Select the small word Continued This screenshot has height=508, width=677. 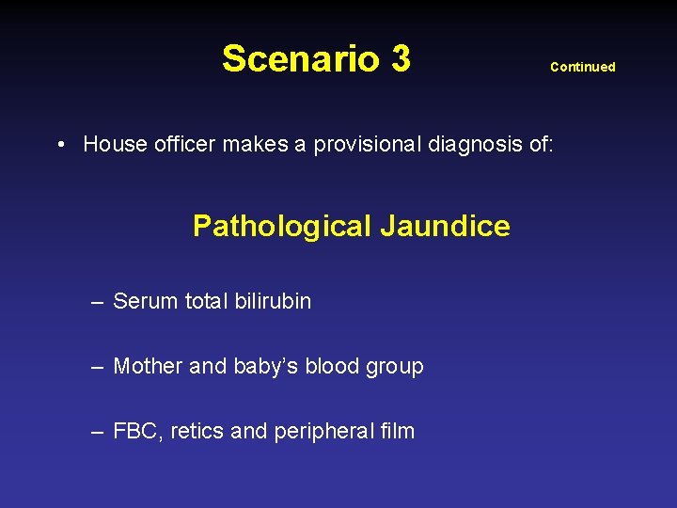click(x=582, y=67)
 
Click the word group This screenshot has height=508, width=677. click(x=395, y=367)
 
